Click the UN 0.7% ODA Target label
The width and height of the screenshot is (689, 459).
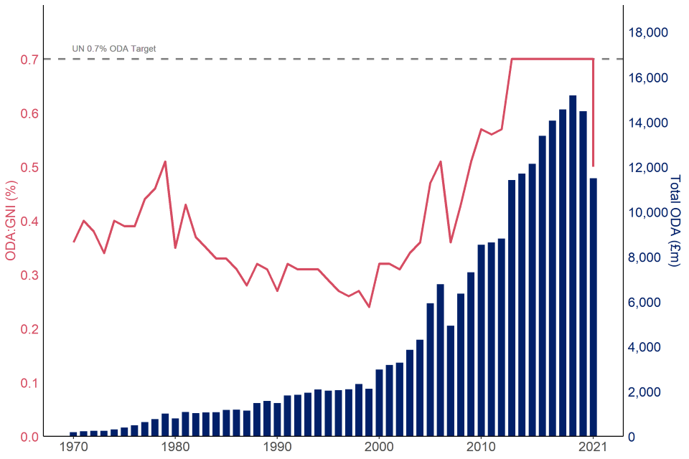pos(114,49)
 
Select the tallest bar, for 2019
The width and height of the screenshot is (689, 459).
pos(573,265)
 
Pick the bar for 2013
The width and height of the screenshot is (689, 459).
pos(512,308)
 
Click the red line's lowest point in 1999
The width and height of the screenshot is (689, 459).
pos(369,307)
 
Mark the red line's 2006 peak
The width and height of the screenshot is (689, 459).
pos(440,161)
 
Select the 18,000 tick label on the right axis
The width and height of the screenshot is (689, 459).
pos(648,32)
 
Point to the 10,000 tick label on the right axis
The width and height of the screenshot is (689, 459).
pos(648,212)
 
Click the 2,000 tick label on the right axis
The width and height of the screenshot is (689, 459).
pos(651,392)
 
